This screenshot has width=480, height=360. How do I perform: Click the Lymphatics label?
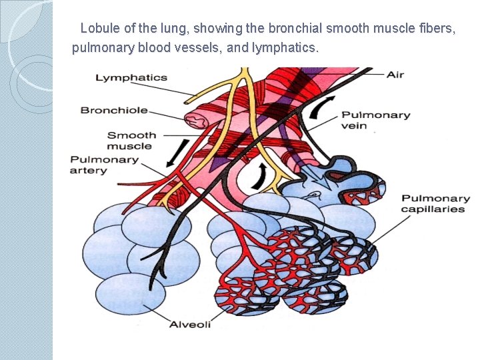click(131, 77)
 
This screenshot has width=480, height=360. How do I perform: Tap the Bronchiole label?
click(114, 110)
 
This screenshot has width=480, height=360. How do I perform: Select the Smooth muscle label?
click(131, 141)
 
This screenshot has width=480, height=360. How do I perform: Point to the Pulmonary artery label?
click(104, 165)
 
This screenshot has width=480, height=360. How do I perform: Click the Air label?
click(395, 75)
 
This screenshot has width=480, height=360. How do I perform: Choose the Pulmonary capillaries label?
click(435, 203)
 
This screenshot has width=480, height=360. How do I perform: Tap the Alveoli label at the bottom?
click(190, 324)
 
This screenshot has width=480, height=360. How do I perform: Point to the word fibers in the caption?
click(439, 29)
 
